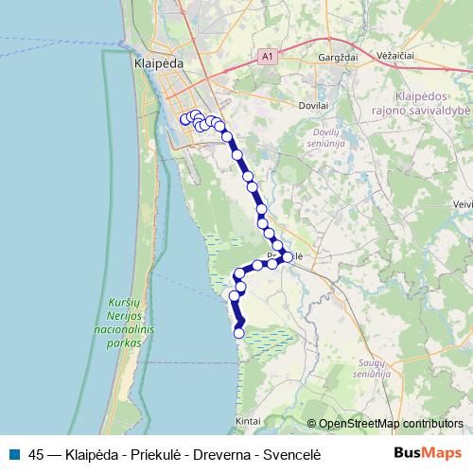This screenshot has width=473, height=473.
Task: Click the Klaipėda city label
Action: [x=153, y=64]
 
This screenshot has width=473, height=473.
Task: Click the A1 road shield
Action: [x=268, y=58]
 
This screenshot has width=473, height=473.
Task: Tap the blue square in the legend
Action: [x=12, y=453]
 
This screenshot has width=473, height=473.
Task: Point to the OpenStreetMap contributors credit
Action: [x=391, y=423]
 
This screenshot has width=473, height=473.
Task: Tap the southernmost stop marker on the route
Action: [x=239, y=332]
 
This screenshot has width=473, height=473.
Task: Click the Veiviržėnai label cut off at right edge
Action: [x=464, y=202]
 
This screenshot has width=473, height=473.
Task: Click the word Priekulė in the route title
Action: [x=158, y=453]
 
